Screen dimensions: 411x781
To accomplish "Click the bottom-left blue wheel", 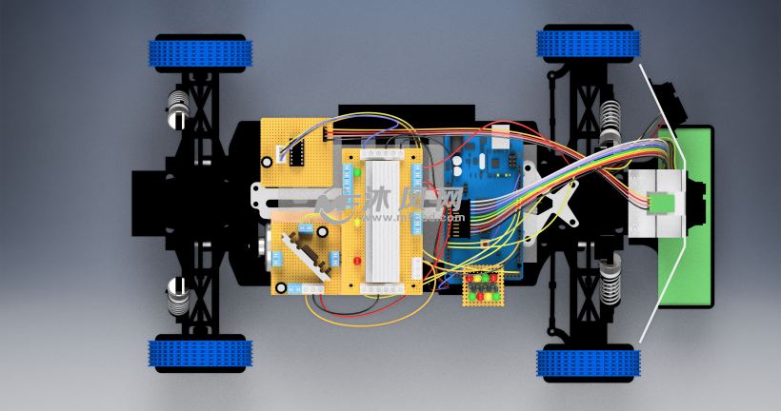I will (x=201, y=354).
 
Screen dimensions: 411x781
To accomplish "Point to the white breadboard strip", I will (x=385, y=219).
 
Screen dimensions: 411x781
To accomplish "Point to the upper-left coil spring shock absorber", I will (x=178, y=110).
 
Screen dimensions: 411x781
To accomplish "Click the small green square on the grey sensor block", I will (x=659, y=202).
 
